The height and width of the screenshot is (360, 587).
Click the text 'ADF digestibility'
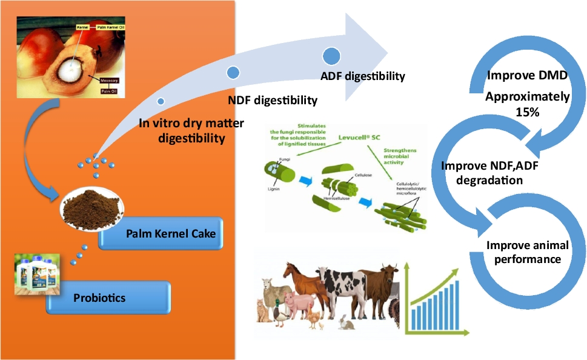362,76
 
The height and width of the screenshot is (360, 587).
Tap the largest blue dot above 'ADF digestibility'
331,56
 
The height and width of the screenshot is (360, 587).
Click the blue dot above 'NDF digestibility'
232,73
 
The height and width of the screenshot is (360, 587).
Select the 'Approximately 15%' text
528,104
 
